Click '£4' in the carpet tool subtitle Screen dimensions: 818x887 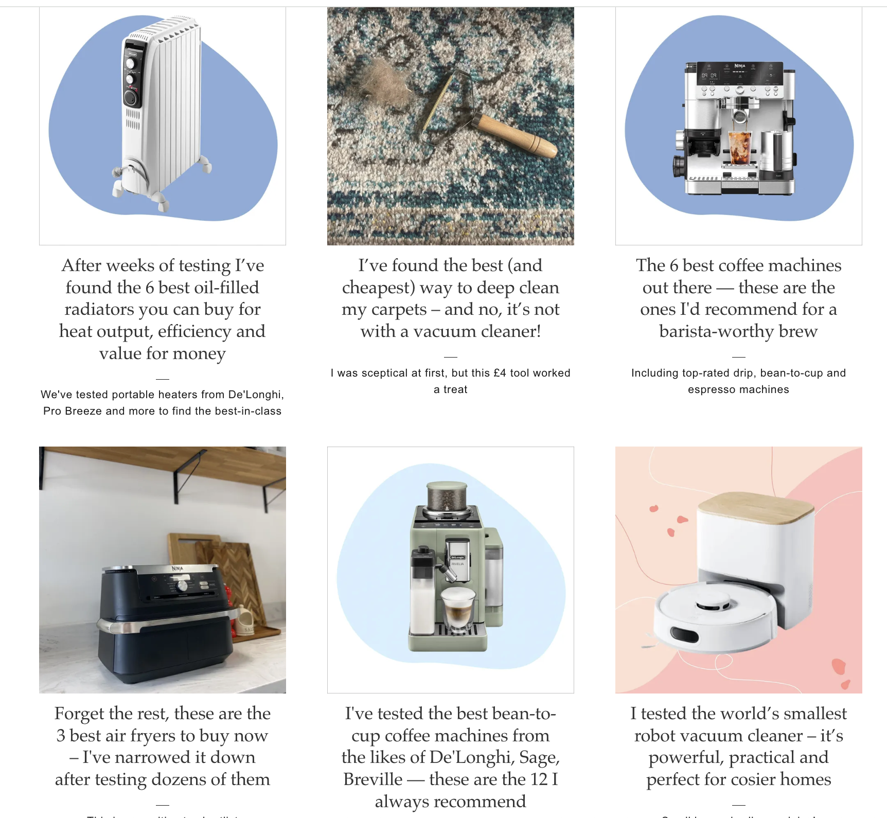(x=500, y=373)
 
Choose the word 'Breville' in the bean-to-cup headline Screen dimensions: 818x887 (x=373, y=779)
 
